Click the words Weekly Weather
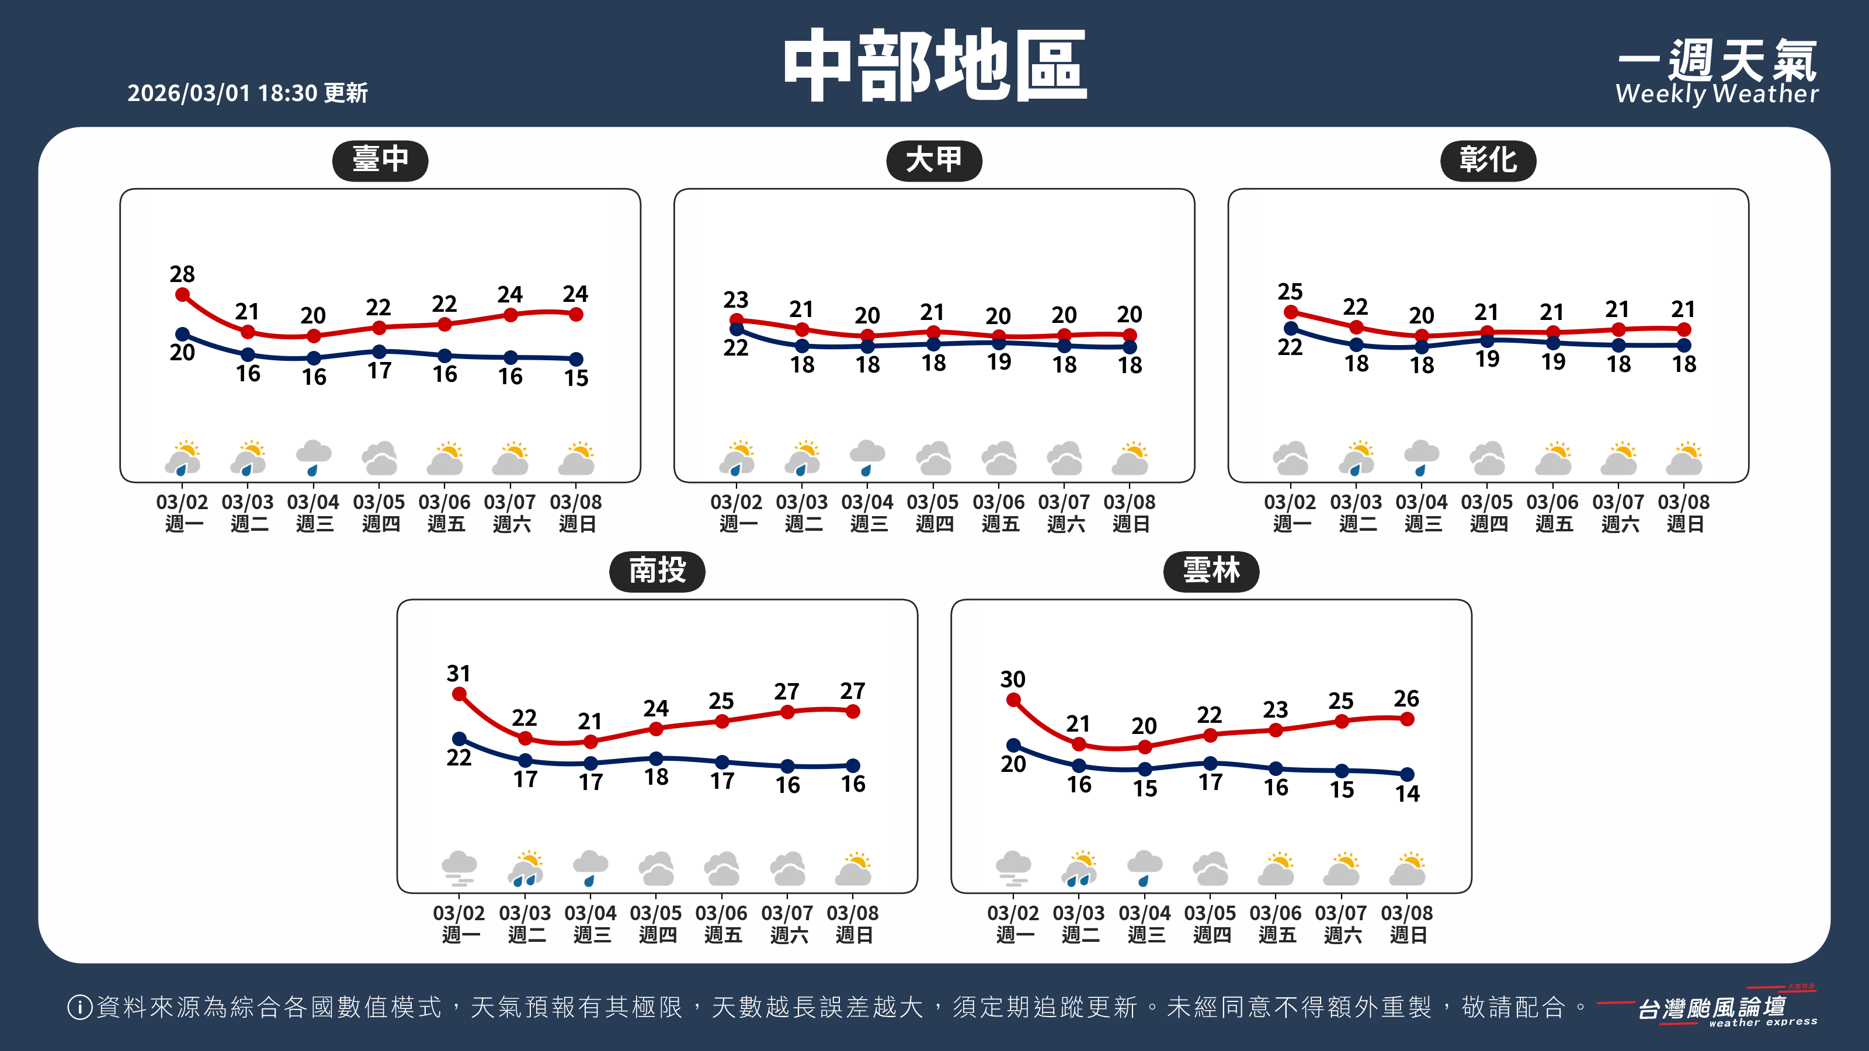(x=1716, y=93)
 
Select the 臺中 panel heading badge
(x=380, y=159)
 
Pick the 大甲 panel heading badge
(x=934, y=159)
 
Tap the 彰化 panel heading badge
(x=1488, y=159)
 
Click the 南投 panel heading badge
(x=656, y=571)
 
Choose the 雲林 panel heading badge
(x=1210, y=571)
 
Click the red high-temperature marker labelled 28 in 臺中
(x=183, y=294)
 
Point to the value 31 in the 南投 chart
(x=458, y=673)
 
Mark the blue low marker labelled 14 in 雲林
(x=1407, y=774)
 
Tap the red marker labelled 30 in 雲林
(x=1013, y=700)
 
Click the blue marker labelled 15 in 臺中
(x=576, y=359)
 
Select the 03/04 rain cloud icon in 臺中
(x=314, y=458)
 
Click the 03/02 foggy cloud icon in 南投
(x=458, y=868)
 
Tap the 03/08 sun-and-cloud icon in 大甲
(x=1130, y=458)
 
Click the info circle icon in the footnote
(x=79, y=1007)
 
